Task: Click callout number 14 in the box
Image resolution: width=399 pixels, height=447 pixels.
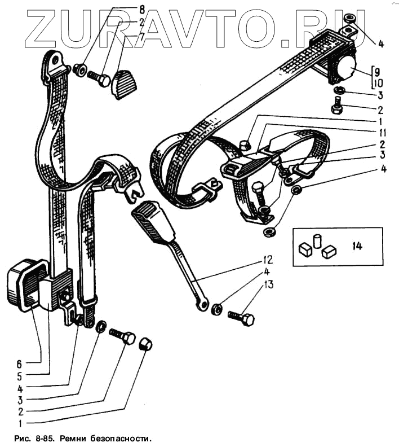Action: click(x=357, y=246)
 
